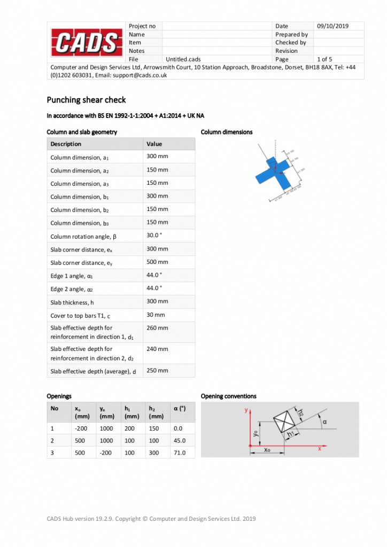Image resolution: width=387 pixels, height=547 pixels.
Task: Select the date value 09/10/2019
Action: click(x=332, y=26)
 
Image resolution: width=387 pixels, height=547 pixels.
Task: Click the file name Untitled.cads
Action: click(x=183, y=59)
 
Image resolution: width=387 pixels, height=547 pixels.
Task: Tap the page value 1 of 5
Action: click(x=324, y=59)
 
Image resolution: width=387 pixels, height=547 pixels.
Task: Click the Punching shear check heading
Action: click(x=86, y=99)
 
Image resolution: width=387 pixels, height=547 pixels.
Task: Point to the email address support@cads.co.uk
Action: click(x=139, y=75)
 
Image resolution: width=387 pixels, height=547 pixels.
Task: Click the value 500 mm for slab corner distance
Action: click(x=157, y=262)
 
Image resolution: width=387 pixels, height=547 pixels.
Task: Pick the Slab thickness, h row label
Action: click(x=73, y=302)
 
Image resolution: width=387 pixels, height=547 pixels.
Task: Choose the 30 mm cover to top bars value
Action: click(x=156, y=315)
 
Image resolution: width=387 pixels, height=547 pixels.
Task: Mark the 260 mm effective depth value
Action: click(x=157, y=328)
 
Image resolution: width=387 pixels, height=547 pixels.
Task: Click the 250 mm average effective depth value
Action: click(x=157, y=370)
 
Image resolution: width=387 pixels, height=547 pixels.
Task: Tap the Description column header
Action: click(x=66, y=144)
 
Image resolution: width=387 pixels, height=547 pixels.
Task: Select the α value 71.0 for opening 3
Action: click(x=180, y=452)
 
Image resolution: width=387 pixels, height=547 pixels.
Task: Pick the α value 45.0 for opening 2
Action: click(x=180, y=441)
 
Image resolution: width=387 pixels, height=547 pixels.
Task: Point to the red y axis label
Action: click(x=245, y=410)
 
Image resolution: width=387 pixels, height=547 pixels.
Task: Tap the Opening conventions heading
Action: click(x=228, y=396)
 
